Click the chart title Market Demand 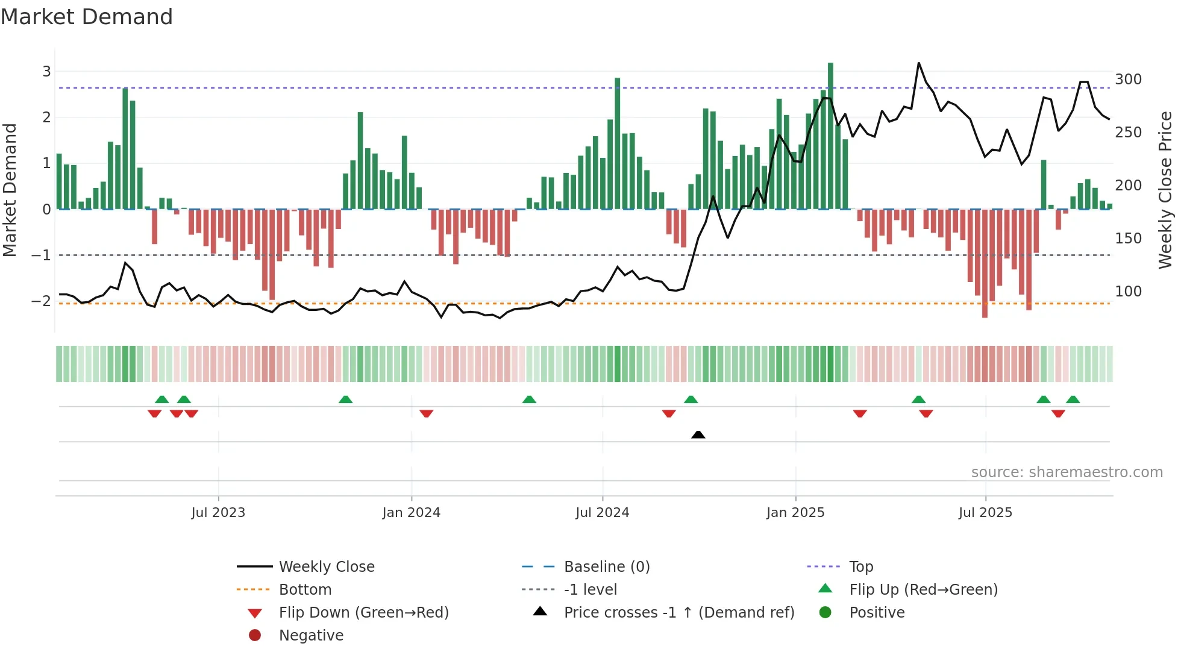click(87, 17)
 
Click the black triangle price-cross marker click(698, 434)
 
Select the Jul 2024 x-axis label click(602, 513)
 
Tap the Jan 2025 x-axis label click(795, 513)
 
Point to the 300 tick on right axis click(1128, 80)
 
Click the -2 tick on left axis click(41, 301)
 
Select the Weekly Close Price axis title click(1165, 190)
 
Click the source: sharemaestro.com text click(1067, 472)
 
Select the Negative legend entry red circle click(255, 635)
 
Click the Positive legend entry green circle click(825, 612)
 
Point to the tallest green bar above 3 click(830, 66)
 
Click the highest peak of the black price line click(919, 63)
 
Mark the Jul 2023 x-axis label click(218, 513)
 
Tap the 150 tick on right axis click(1128, 239)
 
